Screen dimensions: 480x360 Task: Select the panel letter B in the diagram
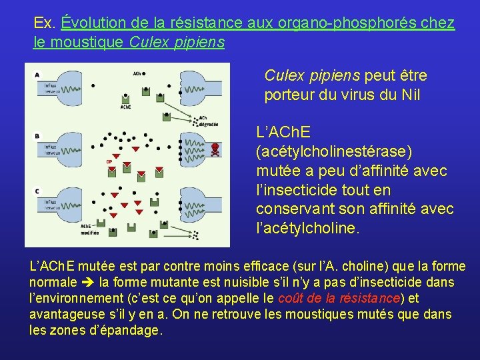point(37,136)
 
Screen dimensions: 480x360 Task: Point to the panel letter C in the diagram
point(37,191)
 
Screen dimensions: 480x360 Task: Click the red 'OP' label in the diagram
point(109,161)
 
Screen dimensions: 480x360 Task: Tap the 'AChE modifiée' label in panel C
point(86,229)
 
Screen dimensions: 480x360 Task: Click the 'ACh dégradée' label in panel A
point(203,121)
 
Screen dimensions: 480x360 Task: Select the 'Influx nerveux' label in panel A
point(50,88)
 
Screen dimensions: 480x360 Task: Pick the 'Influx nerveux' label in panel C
point(50,204)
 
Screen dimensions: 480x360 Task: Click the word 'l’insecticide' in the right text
point(294,190)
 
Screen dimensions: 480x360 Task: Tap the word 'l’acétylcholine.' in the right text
point(307,229)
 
